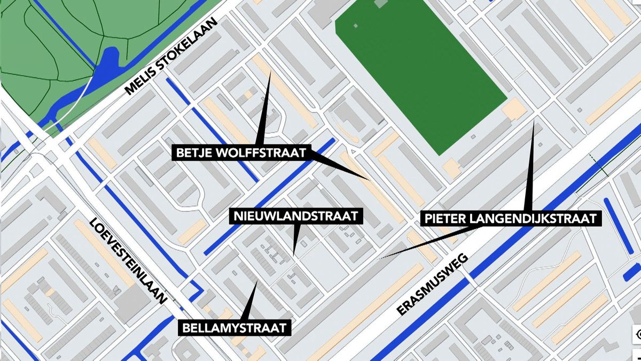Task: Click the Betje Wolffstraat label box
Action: (242, 153)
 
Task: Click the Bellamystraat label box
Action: (234, 327)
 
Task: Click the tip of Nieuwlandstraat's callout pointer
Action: (293, 254)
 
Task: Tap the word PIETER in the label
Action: (441, 218)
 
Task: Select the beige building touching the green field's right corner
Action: (515, 109)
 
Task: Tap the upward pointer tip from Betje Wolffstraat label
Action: (270, 72)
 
